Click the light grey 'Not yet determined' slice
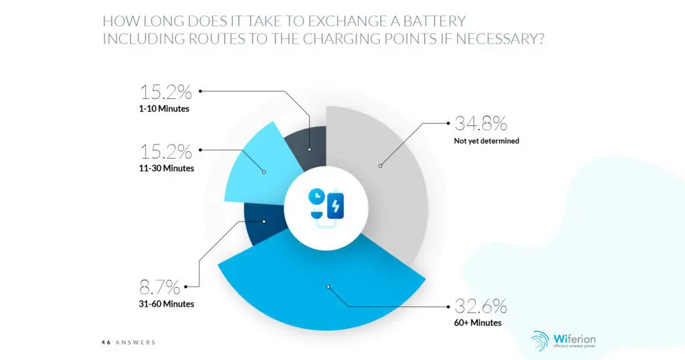(388, 174)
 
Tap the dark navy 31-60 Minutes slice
(264, 224)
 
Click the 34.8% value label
(480, 124)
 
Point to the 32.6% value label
(480, 306)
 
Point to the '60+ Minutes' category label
(478, 323)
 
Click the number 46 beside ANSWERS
(106, 343)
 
